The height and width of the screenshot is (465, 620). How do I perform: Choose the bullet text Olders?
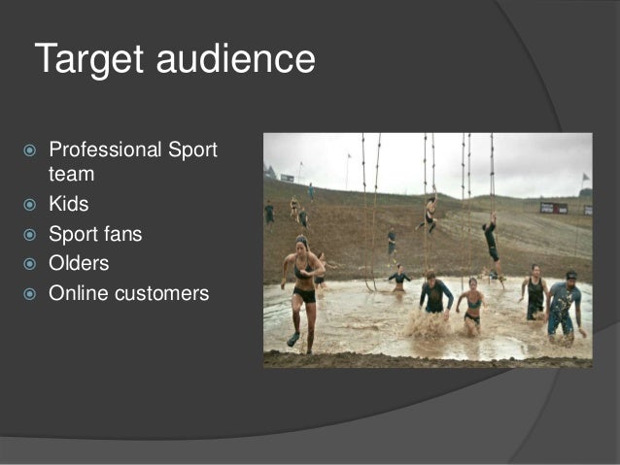79,264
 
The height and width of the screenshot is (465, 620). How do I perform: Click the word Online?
77,292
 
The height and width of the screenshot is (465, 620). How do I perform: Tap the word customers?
160,292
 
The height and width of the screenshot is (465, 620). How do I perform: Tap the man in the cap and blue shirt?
564,303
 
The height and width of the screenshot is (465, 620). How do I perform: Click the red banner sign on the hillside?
553,207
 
